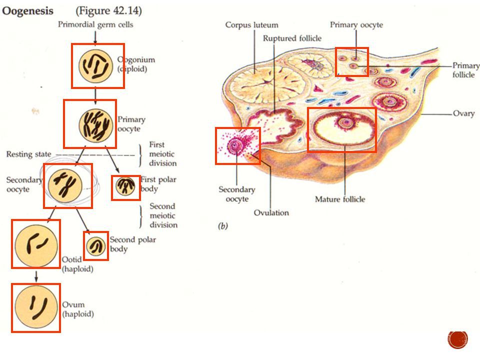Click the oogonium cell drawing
tap(96, 66)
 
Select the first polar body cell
tap(125, 186)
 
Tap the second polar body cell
tap(96, 246)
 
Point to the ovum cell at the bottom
tap(36, 307)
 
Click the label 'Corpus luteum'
tap(251, 25)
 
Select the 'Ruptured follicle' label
tap(292, 38)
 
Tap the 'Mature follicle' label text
tap(340, 199)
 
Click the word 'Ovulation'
tap(271, 212)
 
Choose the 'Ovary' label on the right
tap(464, 113)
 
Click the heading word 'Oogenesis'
tap(28, 11)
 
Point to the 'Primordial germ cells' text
tap(95, 24)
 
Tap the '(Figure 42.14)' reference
tap(108, 11)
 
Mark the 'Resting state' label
tap(29, 154)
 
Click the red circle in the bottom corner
tap(458, 339)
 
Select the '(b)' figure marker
tap(223, 226)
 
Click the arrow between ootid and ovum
tap(36, 276)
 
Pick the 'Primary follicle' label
tap(466, 70)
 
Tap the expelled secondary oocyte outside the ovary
tap(235, 145)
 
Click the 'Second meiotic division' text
tap(163, 215)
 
